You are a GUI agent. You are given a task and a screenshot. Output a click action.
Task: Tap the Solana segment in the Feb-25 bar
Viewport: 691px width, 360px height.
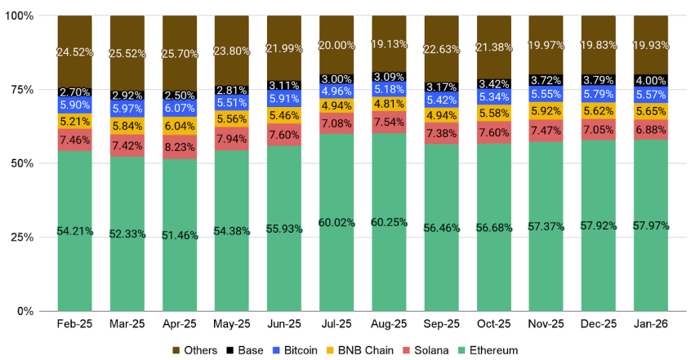74,140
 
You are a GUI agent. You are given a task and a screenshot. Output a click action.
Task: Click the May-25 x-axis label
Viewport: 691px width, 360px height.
232,324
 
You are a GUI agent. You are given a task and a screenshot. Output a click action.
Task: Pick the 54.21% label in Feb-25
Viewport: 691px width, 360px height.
74,232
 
